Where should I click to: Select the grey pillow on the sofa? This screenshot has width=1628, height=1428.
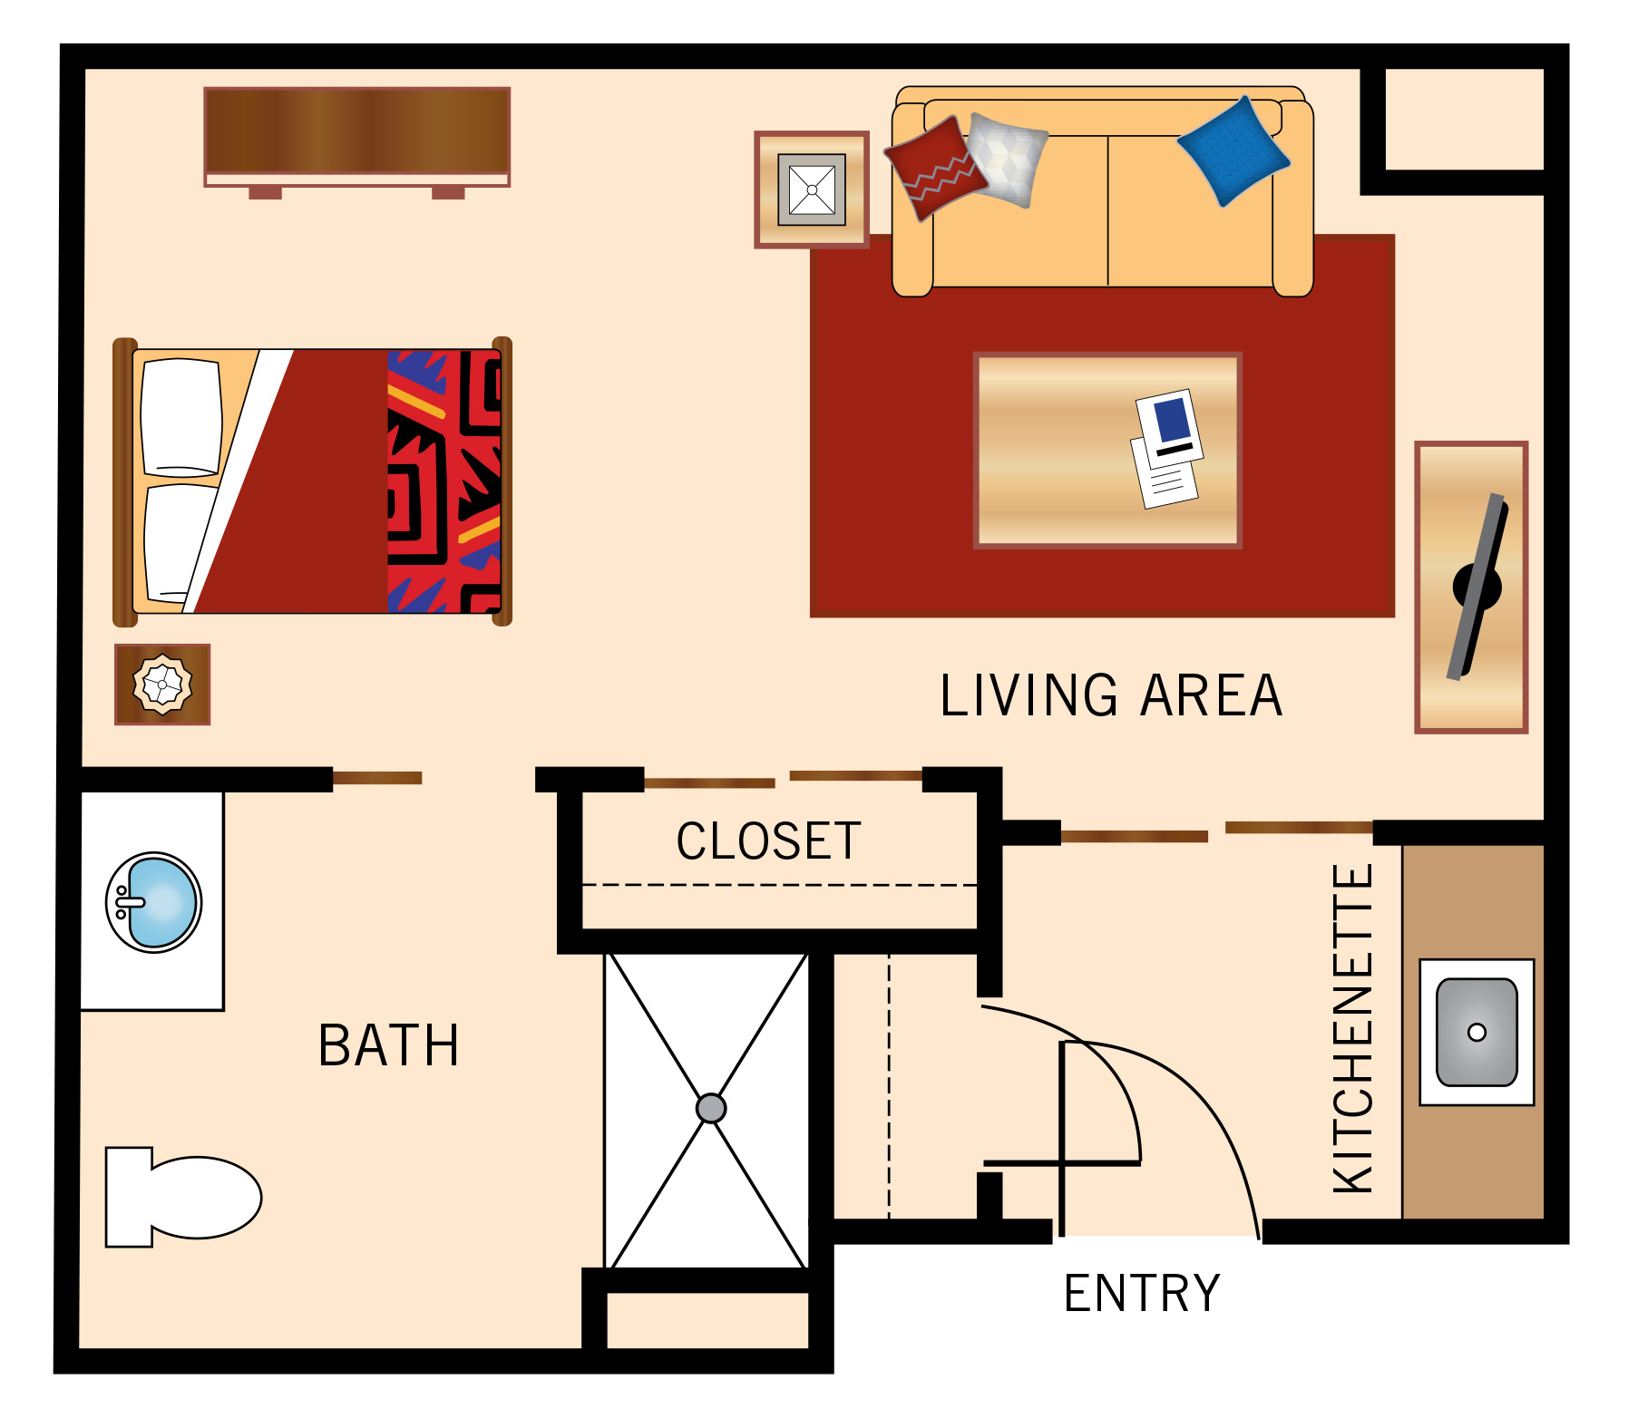click(1008, 160)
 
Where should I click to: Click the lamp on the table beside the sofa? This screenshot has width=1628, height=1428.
click(812, 189)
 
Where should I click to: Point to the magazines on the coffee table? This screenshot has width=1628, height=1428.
click(1167, 449)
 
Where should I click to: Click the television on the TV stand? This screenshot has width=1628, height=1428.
click(1477, 587)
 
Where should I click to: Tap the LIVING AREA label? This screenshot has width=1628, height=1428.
click(1111, 695)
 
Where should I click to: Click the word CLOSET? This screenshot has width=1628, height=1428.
click(768, 840)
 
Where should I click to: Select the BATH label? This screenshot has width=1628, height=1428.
click(388, 1044)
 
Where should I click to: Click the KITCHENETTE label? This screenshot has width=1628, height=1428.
click(1352, 1028)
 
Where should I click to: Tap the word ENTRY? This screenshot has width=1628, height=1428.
click(1142, 1293)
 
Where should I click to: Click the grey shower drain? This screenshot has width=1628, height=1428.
click(711, 1108)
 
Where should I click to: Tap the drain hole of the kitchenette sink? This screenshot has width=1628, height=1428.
click(1477, 1032)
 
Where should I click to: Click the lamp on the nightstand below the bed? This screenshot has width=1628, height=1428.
click(162, 685)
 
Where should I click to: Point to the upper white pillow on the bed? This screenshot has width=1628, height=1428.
click(181, 417)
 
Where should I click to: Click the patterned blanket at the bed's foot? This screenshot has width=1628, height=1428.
click(444, 481)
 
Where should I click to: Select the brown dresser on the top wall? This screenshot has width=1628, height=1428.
click(357, 137)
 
